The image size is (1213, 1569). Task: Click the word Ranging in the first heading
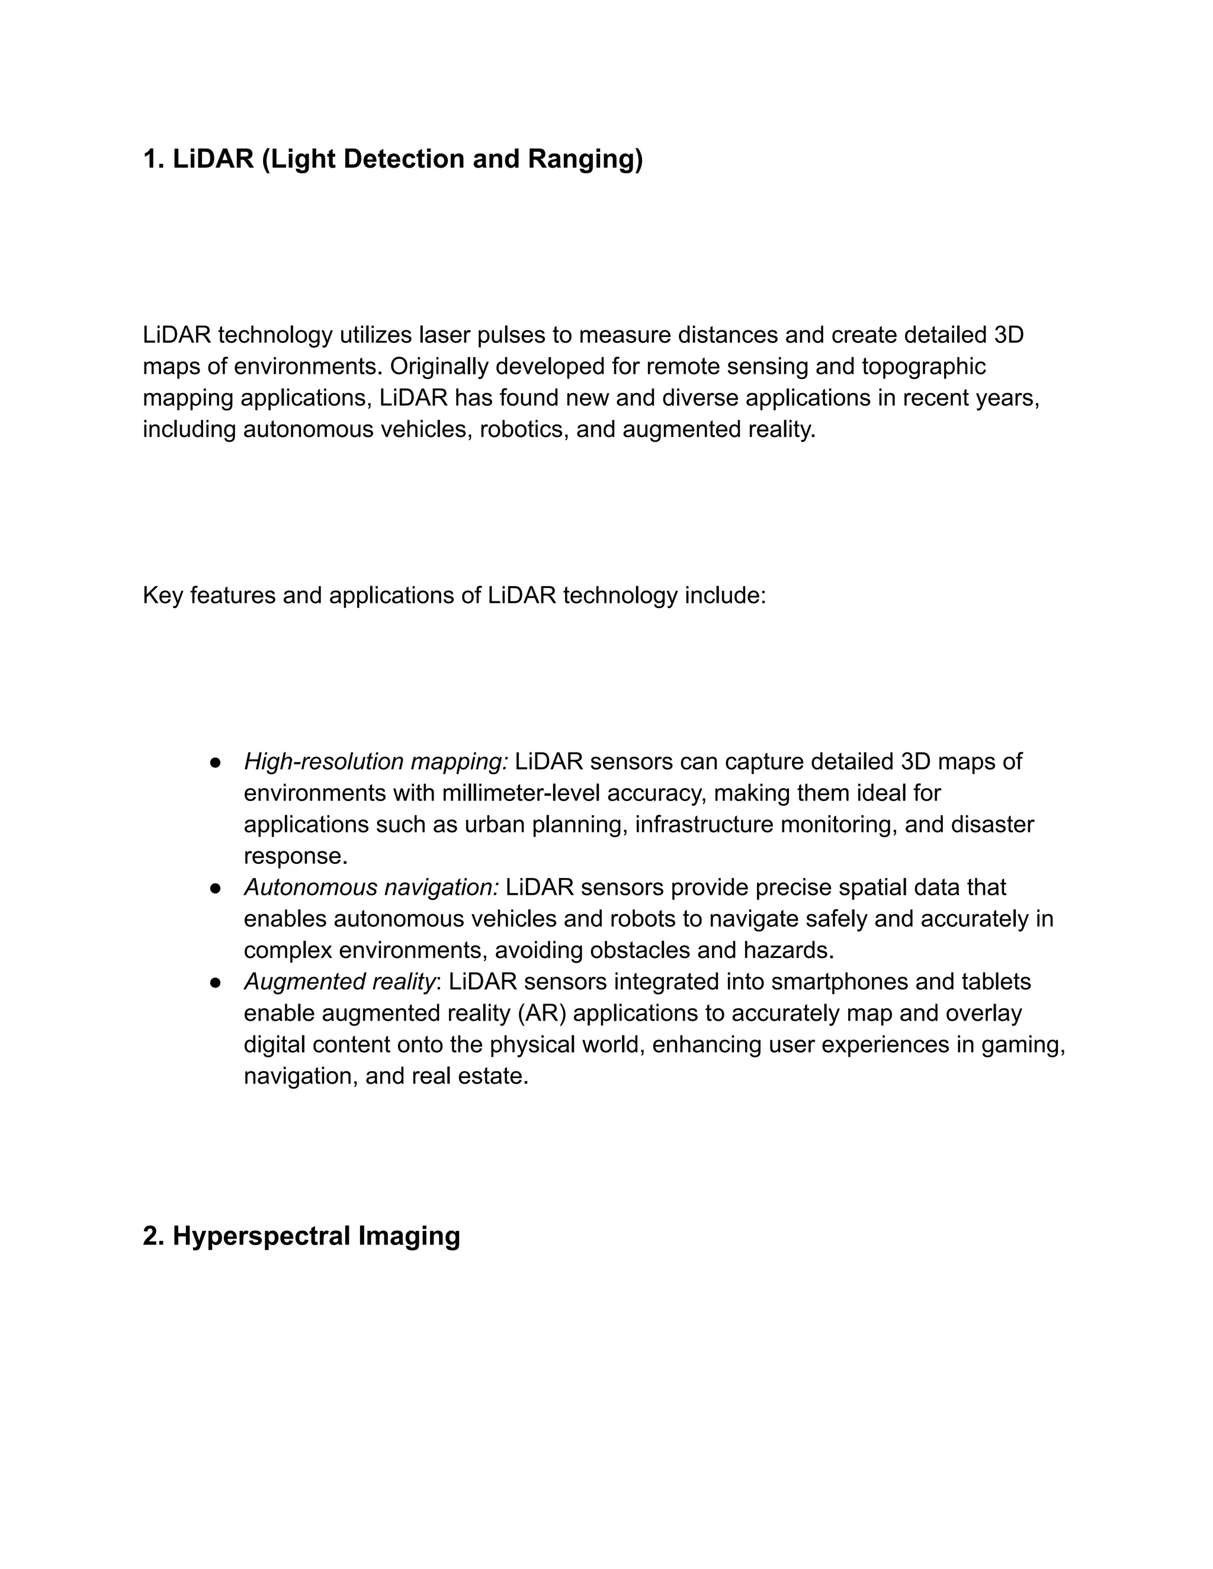click(585, 159)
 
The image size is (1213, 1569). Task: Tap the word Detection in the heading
click(405, 159)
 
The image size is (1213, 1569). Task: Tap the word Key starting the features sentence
click(162, 596)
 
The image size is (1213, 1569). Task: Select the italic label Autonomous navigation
click(371, 888)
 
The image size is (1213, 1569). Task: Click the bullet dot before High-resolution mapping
click(215, 762)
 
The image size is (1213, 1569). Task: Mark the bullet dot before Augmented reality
click(215, 983)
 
